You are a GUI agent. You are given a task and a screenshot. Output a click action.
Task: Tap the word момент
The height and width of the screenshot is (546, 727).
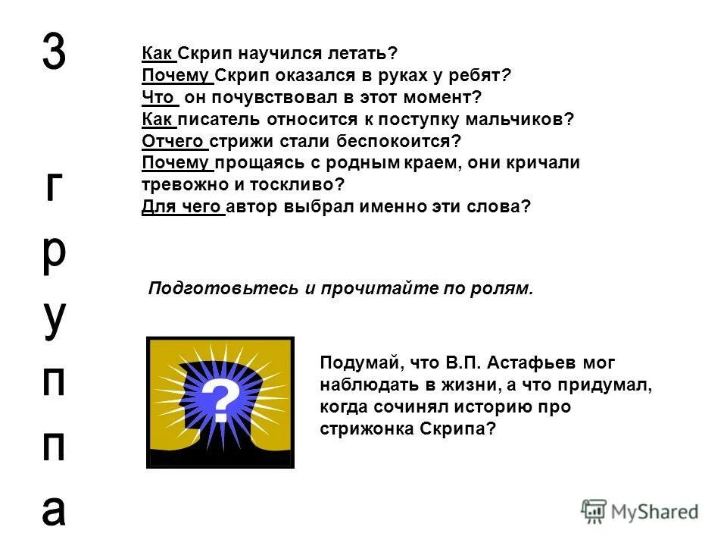[442, 98]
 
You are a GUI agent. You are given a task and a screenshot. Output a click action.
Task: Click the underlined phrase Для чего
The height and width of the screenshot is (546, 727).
[182, 206]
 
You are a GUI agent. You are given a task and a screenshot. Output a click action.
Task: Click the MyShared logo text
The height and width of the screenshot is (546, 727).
[651, 512]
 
